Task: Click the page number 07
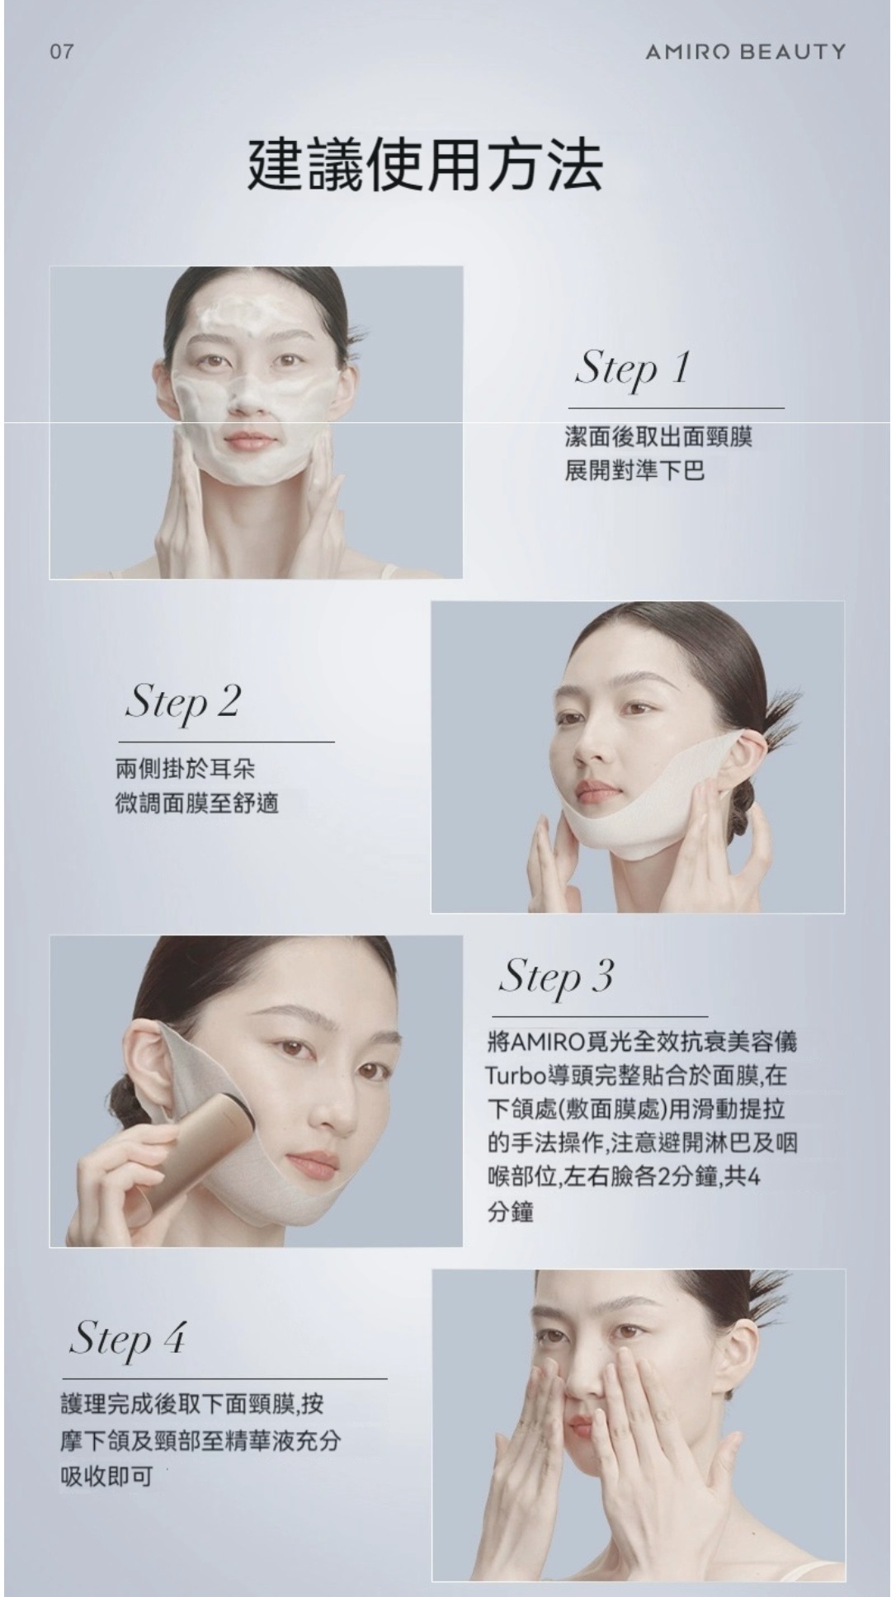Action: point(62,52)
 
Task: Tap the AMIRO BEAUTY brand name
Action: point(746,52)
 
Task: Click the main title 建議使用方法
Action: point(426,164)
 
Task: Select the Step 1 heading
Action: point(632,369)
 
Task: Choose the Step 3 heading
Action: point(557,978)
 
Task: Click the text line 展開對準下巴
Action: point(634,471)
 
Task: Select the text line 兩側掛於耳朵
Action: point(186,769)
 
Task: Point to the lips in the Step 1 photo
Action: point(248,440)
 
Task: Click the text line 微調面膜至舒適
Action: point(197,803)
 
